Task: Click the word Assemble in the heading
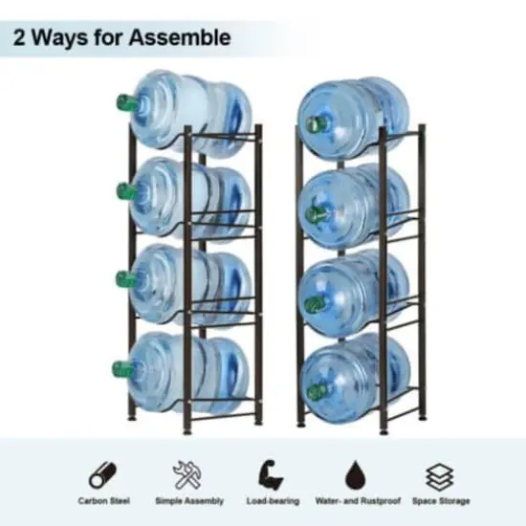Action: click(x=182, y=38)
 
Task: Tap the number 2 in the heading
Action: click(x=21, y=38)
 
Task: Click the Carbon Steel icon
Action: click(x=104, y=473)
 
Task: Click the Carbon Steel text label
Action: click(x=104, y=500)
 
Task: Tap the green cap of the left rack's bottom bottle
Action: click(x=120, y=367)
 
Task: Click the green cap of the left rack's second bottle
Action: click(x=122, y=190)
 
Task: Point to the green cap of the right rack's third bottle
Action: click(x=312, y=305)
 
